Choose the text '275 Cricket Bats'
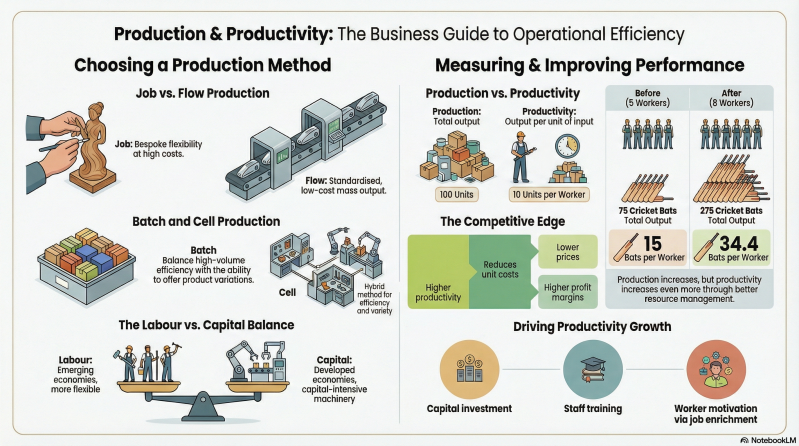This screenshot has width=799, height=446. pyautogui.click(x=740, y=211)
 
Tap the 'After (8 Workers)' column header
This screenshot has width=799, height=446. pyautogui.click(x=740, y=98)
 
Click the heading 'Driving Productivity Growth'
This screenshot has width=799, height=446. pyautogui.click(x=592, y=326)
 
